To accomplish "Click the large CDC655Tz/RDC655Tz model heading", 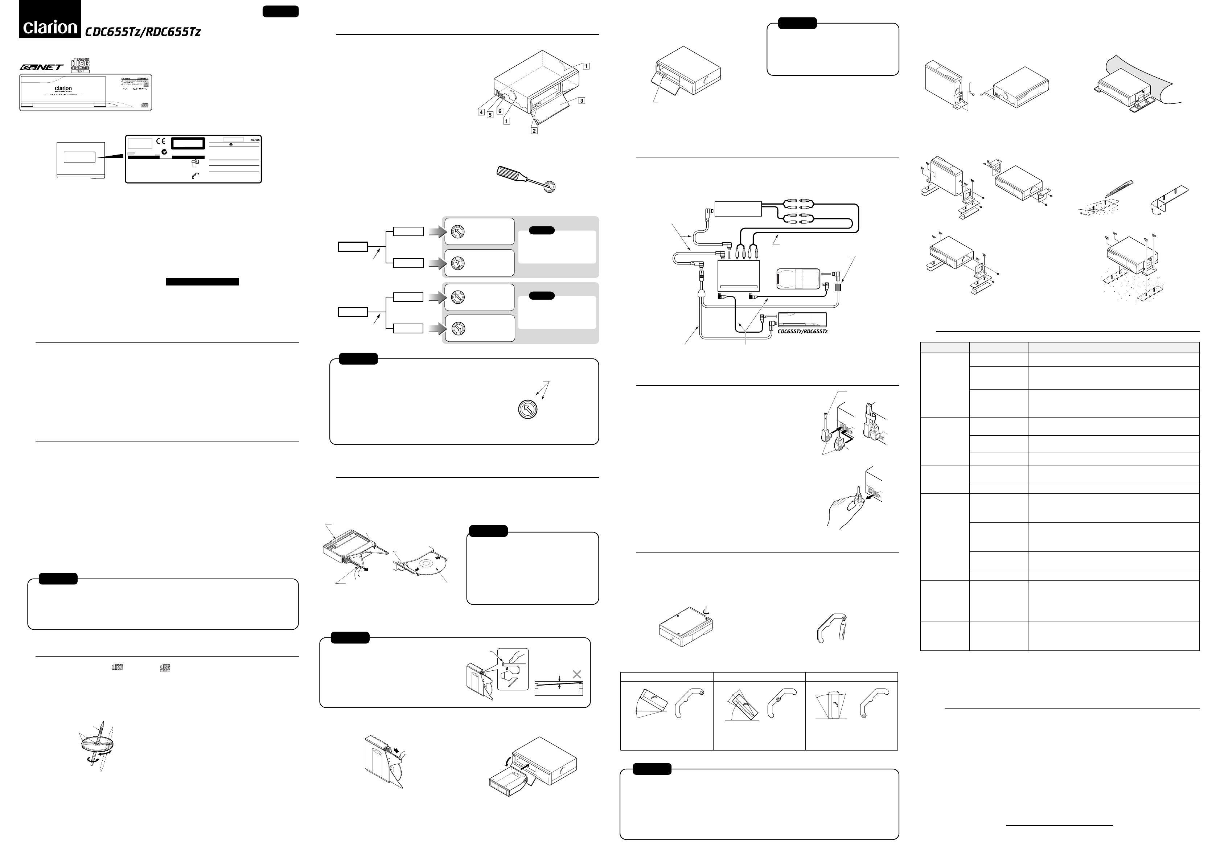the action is coord(143,32).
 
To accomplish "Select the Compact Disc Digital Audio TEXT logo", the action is coord(81,65).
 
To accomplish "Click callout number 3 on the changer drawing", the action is coord(582,100).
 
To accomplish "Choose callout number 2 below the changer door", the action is coord(534,130).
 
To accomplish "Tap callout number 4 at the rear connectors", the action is coord(481,112).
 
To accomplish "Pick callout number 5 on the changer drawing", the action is coord(490,114).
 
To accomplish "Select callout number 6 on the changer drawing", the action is coord(500,111).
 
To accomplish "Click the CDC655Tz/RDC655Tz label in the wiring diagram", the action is coord(802,331).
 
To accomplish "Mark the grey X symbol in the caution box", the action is coord(576,674).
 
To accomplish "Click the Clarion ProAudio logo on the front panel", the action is coord(63,89).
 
